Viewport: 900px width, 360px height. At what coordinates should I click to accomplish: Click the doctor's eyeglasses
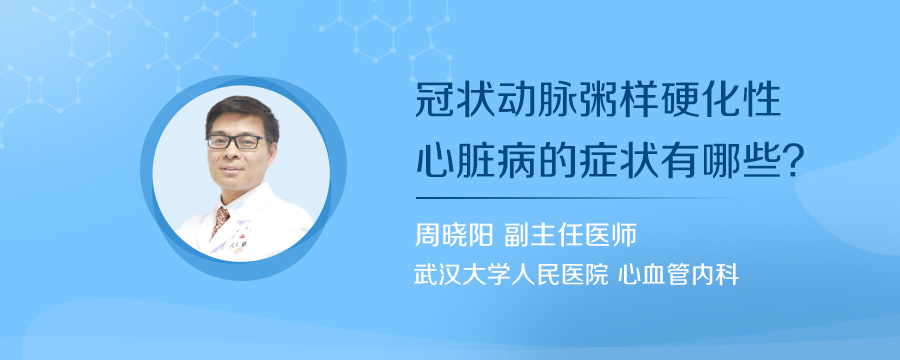click(x=235, y=142)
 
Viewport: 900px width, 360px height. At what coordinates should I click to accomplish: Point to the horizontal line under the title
click(x=580, y=198)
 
